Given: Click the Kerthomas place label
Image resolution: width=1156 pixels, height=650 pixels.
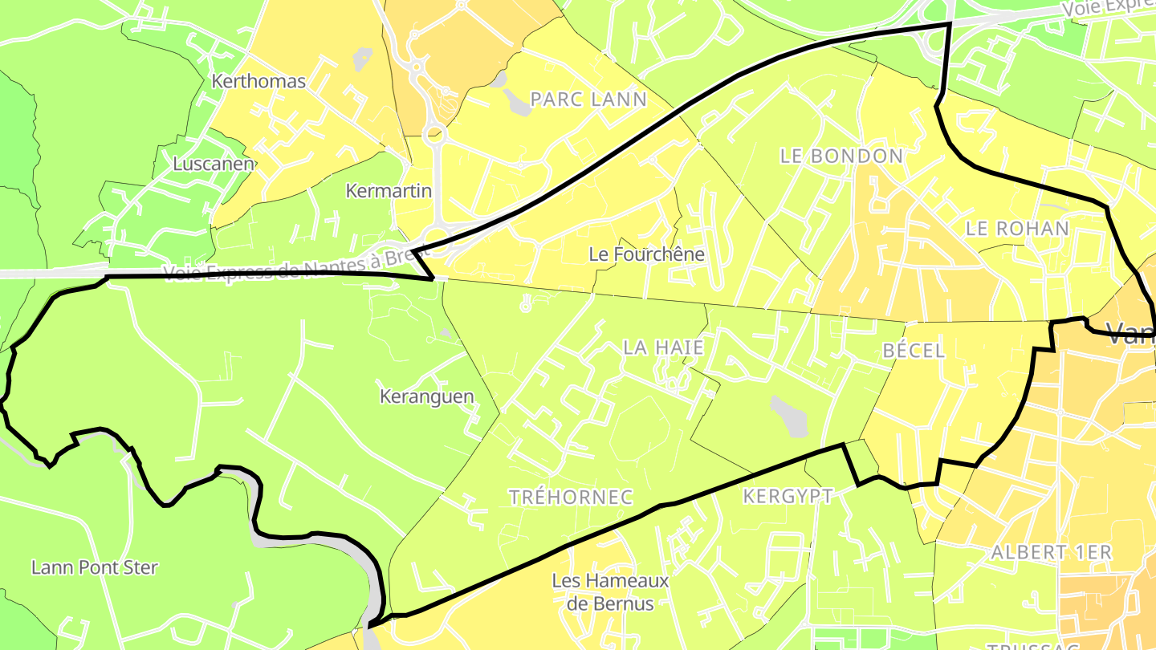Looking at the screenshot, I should tap(258, 81).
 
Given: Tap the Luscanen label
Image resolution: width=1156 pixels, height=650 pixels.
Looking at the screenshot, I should tap(214, 164).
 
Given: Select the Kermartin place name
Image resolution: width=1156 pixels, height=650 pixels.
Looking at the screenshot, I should tap(389, 191).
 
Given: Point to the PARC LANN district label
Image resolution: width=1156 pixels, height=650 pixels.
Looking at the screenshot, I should tap(588, 100).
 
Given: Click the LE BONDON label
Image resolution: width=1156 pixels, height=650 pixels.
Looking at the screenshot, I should tap(841, 156).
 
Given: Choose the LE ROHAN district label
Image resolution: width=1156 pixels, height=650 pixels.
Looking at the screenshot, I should tap(1017, 228).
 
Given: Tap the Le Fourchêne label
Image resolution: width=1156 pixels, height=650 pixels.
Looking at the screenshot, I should tap(646, 254).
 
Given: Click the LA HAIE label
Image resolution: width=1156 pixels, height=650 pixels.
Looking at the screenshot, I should tap(663, 347).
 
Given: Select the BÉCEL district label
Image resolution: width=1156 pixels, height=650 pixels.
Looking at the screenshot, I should tap(914, 351).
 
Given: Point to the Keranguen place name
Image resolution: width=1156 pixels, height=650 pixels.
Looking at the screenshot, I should tap(426, 396).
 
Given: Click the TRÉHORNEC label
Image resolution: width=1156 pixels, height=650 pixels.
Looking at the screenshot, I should tap(571, 498).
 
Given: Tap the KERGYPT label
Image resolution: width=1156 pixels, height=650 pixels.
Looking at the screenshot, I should tap(788, 496).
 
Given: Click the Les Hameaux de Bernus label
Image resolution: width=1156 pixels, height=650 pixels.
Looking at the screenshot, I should tap(610, 591).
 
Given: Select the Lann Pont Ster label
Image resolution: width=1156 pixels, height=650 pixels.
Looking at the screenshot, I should tap(95, 567).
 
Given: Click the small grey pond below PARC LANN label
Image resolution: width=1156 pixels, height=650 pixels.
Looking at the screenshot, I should tap(514, 103).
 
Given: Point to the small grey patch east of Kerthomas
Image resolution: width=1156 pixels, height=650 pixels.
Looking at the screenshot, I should tap(362, 59).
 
